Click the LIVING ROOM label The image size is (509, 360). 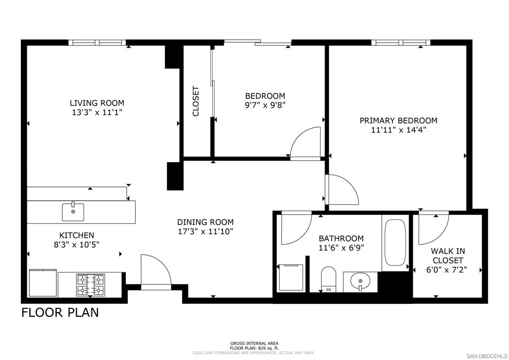point(97,103)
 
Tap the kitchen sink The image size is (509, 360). point(73,211)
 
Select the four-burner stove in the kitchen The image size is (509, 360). point(90,284)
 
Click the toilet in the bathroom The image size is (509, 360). point(329,278)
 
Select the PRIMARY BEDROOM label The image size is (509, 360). point(398,120)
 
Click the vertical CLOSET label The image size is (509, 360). point(196,101)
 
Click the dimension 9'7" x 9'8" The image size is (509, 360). point(265,105)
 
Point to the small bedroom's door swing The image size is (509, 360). point(305,143)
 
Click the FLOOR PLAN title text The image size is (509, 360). point(60,312)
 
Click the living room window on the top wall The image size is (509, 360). point(97,43)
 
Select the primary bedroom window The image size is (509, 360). point(401,43)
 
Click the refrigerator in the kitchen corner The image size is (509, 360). point(43,283)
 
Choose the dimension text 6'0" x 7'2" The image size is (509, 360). point(448,270)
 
